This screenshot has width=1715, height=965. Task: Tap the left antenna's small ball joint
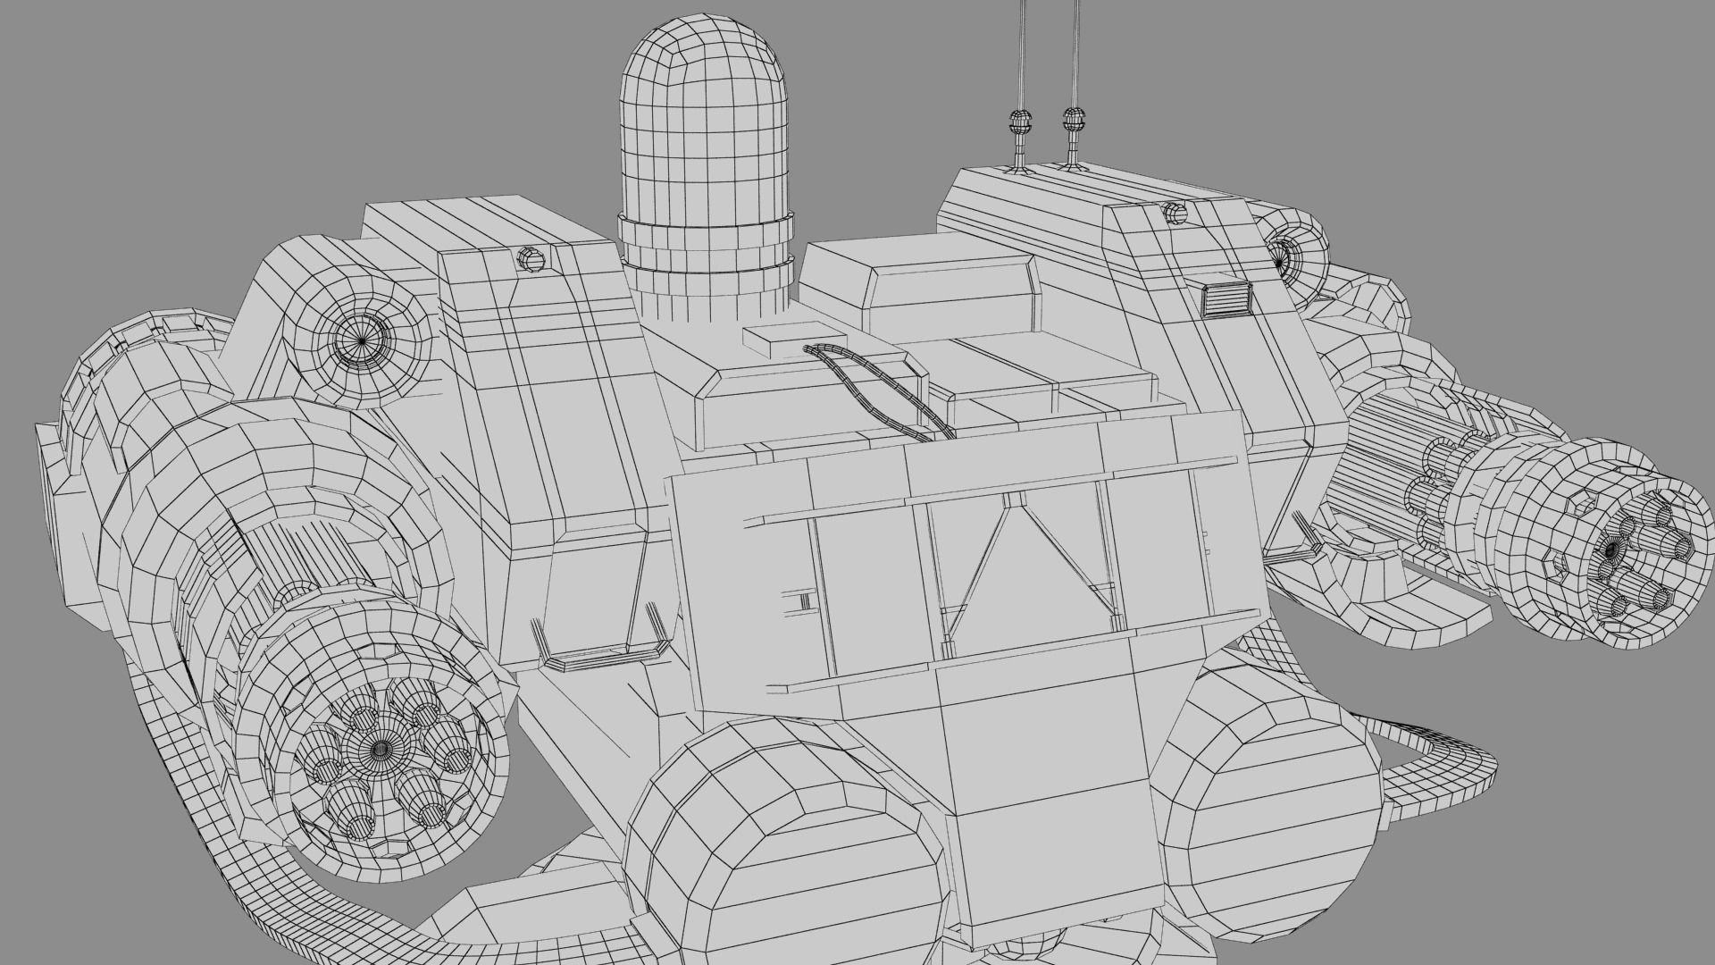coord(1018,121)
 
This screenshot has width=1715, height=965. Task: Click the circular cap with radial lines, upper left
coord(361,339)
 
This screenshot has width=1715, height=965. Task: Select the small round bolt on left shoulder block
coord(531,260)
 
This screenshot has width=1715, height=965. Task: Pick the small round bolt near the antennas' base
coord(1175,214)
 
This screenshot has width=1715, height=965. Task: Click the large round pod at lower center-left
coord(777,849)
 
